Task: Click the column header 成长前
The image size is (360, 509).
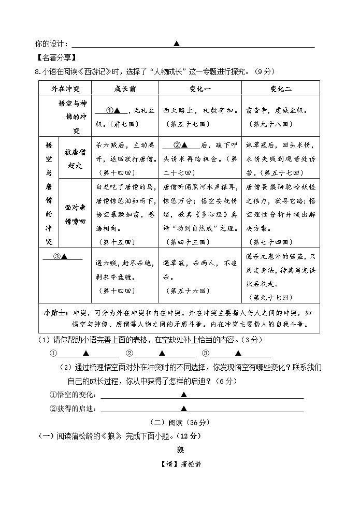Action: pyautogui.click(x=125, y=89)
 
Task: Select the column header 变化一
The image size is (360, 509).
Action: pyautogui.click(x=199, y=89)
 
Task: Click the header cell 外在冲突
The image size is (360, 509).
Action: pyautogui.click(x=65, y=89)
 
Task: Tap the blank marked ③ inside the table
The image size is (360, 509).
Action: pyautogui.click(x=62, y=256)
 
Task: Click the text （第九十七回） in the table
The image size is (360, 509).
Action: pyautogui.click(x=271, y=297)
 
